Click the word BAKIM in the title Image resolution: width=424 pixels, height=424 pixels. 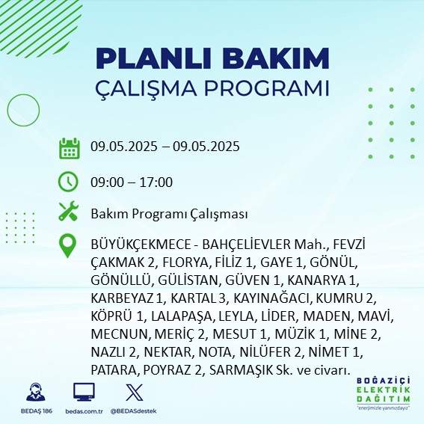click(x=275, y=58)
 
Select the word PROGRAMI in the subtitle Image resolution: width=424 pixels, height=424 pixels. click(x=267, y=88)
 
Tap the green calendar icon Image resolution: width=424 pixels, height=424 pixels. click(x=70, y=148)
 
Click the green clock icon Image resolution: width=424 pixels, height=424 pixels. click(x=68, y=182)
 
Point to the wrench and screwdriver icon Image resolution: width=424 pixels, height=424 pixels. click(x=69, y=211)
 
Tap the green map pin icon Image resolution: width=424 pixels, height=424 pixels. click(x=67, y=245)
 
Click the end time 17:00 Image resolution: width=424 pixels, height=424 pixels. click(x=156, y=182)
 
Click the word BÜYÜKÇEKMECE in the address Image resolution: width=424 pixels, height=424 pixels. click(x=141, y=245)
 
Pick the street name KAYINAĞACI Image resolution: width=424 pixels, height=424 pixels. click(x=271, y=298)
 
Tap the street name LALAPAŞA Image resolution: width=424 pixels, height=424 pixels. click(x=181, y=316)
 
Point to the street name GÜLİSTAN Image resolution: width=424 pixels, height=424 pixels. click(x=188, y=280)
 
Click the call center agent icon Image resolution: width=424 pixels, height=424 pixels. click(x=36, y=392)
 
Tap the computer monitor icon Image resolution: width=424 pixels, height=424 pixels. click(x=84, y=392)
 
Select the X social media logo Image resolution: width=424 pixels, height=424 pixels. click(x=135, y=393)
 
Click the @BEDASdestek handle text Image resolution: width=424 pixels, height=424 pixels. click(x=133, y=411)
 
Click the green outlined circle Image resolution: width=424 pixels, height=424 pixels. click(x=23, y=110)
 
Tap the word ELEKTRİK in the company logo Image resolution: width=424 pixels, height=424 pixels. click(x=383, y=390)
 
